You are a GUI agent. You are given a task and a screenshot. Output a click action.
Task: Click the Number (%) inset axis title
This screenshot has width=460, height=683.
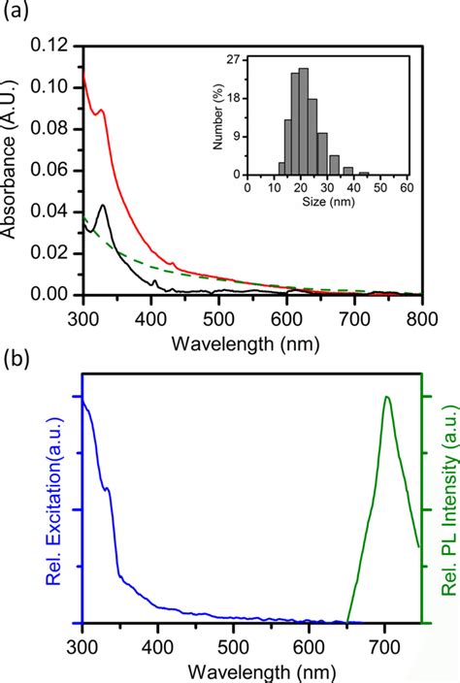[219, 116]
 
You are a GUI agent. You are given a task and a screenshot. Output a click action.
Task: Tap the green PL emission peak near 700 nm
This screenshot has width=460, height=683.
[387, 397]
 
